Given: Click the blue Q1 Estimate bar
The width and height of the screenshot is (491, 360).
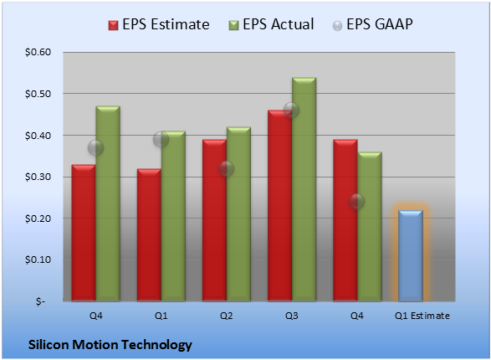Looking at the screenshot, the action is (x=411, y=255).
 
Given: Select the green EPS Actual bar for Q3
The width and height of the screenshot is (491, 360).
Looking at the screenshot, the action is (x=304, y=189).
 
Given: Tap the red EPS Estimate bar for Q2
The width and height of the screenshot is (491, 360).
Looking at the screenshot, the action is (x=214, y=220).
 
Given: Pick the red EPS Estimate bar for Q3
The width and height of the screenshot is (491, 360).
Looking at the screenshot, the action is (x=279, y=206).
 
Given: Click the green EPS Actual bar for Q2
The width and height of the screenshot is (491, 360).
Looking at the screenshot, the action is (x=238, y=214).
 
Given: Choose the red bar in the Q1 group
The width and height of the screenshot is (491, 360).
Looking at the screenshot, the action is (x=149, y=235).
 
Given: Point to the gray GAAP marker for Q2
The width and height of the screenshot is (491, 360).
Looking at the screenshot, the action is (x=226, y=169).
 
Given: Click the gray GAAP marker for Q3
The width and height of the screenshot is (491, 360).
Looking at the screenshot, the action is (x=291, y=110).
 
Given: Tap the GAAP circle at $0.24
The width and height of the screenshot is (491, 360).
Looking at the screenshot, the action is (x=356, y=201).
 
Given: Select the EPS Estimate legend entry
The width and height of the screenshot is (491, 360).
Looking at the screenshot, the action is (x=159, y=24).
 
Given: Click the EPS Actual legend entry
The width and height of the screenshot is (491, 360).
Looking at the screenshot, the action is (x=271, y=24).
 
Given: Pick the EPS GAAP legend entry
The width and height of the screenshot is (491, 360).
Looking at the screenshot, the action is (x=372, y=24).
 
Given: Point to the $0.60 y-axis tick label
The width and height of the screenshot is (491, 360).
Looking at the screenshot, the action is (x=38, y=52).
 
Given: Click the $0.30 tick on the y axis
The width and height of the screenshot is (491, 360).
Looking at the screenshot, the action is (x=38, y=177).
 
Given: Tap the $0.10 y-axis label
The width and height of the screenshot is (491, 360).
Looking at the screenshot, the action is (x=38, y=260).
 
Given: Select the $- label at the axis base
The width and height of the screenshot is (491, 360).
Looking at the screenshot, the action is (x=40, y=301).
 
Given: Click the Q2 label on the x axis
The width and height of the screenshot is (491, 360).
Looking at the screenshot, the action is (x=227, y=316).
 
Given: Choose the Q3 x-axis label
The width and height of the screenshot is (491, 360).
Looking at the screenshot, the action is (x=292, y=316).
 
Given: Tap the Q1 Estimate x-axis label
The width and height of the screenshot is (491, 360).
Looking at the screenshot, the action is (x=422, y=316).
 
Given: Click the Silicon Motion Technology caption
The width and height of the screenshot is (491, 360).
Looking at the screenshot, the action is (x=110, y=345).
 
